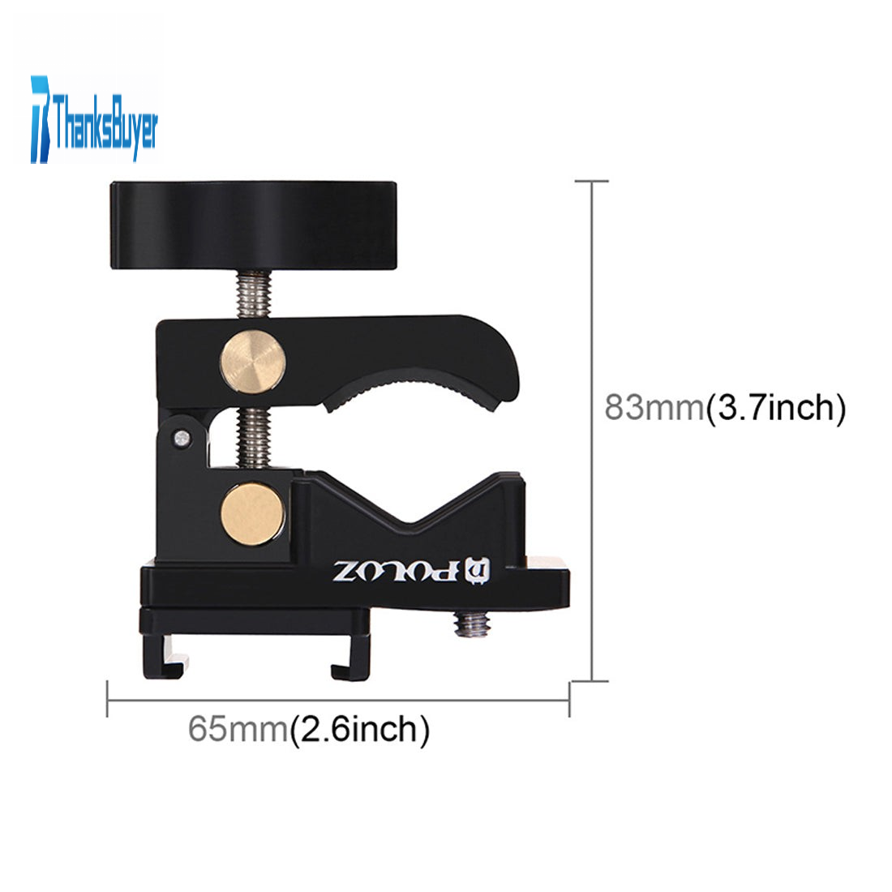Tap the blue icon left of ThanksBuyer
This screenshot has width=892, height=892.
[x=41, y=119]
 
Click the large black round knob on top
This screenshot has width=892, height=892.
[x=253, y=225]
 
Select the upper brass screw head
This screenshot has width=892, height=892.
[x=252, y=362]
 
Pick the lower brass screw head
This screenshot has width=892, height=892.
[x=252, y=515]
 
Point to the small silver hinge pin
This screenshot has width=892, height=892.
[x=182, y=438]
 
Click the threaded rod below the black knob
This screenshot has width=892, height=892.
[x=254, y=294]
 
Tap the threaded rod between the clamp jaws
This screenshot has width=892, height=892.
[x=254, y=437]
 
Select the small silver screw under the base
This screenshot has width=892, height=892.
[x=473, y=624]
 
